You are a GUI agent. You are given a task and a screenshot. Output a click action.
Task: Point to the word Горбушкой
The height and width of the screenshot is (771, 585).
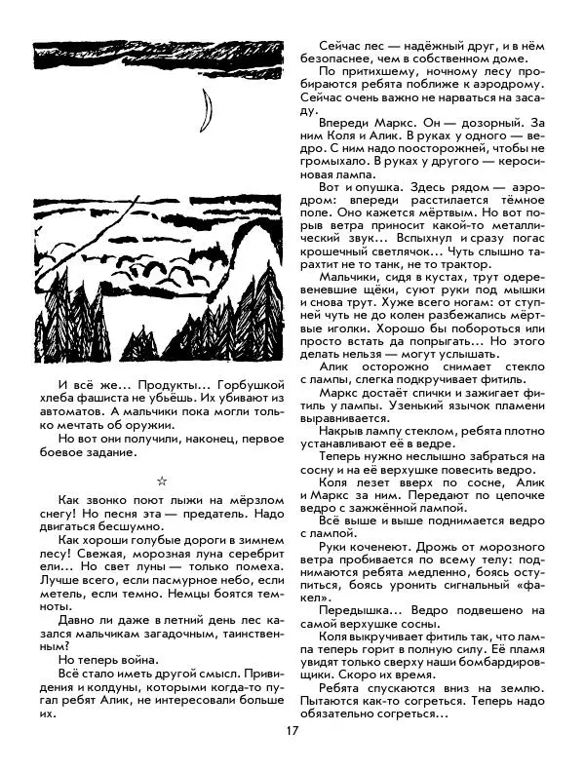pyautogui.click(x=243, y=384)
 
